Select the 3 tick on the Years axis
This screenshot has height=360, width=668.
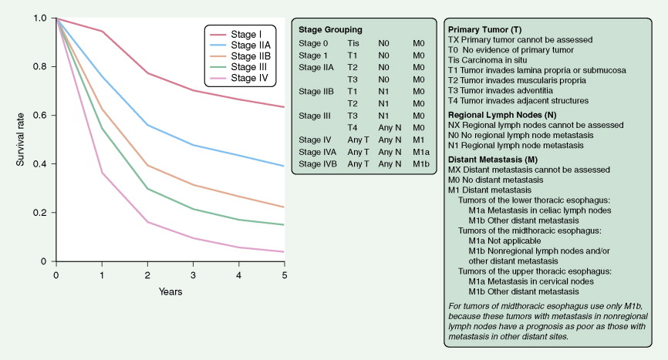click(193, 274)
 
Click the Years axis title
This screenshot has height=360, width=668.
click(170, 291)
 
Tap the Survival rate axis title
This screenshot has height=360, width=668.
click(20, 140)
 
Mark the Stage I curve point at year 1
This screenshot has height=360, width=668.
click(102, 32)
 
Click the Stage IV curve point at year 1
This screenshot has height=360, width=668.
click(102, 173)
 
